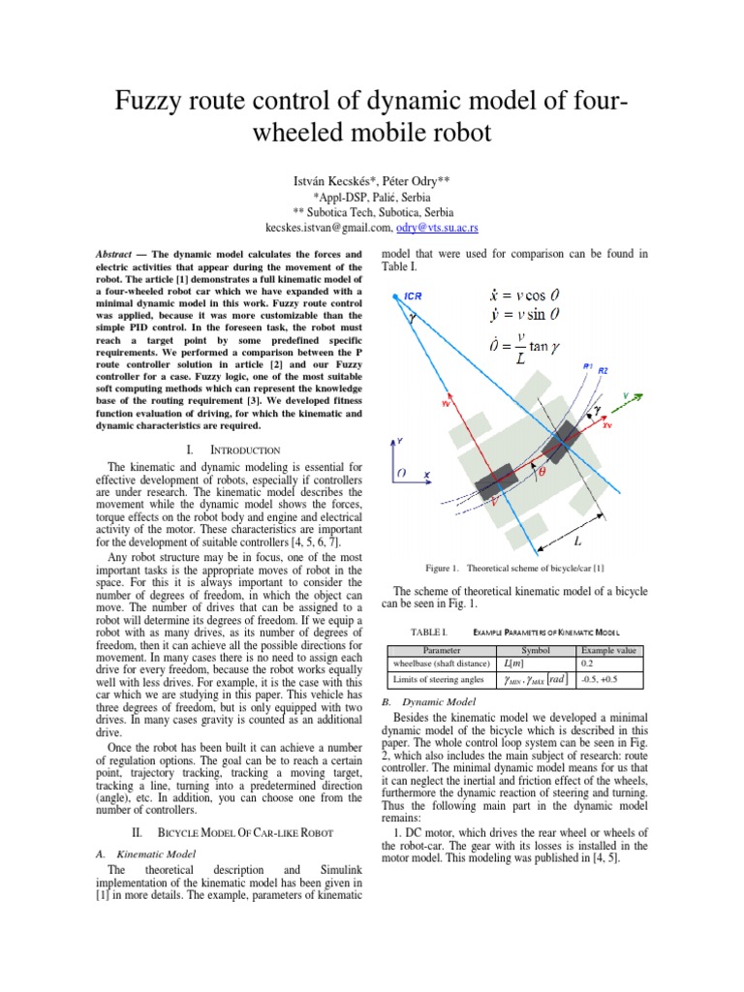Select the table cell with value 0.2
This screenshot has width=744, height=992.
coord(587,665)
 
